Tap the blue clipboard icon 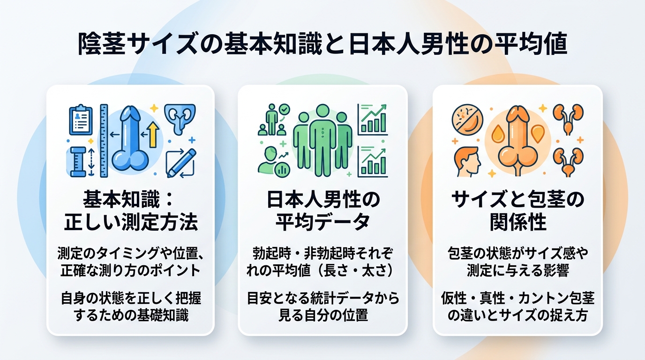click(x=81, y=120)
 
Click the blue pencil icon click(x=182, y=162)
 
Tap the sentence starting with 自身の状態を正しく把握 click(x=131, y=307)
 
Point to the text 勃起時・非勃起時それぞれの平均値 click(x=322, y=262)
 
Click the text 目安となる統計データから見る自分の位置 click(x=322, y=307)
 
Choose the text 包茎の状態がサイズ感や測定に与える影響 click(x=517, y=262)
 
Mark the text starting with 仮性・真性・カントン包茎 click(x=517, y=307)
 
